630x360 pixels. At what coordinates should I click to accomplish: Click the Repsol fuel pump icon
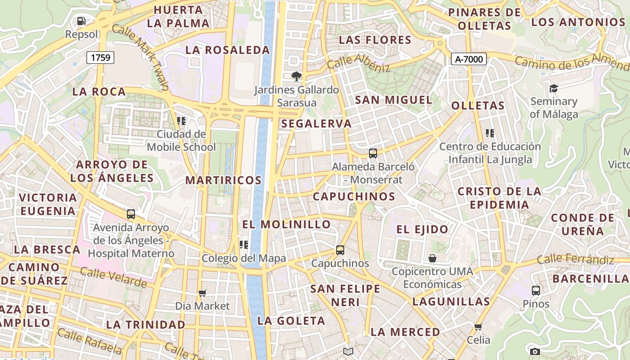tap(81, 21)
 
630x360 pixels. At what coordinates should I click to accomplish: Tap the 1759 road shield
tap(100, 57)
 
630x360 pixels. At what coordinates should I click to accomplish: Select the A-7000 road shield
tap(469, 59)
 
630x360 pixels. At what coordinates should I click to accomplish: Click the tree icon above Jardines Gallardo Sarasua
tap(296, 76)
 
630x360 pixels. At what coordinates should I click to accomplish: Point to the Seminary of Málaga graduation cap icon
tap(553, 88)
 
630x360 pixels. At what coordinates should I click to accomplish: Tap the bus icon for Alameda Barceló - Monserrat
tap(373, 153)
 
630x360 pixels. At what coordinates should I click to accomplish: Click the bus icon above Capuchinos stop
tap(340, 250)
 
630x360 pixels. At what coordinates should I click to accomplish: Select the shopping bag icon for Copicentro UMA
tap(432, 258)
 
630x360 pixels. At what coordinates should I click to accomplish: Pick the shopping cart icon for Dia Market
tap(202, 293)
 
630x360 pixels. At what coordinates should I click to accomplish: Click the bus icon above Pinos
tap(535, 290)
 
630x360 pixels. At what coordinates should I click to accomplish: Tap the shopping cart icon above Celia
tap(478, 326)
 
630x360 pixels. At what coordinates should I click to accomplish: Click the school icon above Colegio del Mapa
tap(244, 245)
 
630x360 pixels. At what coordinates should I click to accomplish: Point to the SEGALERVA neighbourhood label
tap(316, 124)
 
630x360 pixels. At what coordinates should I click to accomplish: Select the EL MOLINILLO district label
tap(286, 224)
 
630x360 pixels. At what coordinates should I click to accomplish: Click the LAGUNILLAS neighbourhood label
tap(451, 301)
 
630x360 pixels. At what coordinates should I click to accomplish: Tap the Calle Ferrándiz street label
tap(576, 259)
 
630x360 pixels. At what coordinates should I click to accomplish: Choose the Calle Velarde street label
tap(113, 276)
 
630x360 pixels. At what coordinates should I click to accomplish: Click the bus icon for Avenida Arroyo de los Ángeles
tap(131, 214)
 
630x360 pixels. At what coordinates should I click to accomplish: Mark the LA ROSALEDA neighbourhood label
tap(227, 50)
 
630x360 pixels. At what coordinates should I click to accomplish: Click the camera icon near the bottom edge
tap(535, 351)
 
